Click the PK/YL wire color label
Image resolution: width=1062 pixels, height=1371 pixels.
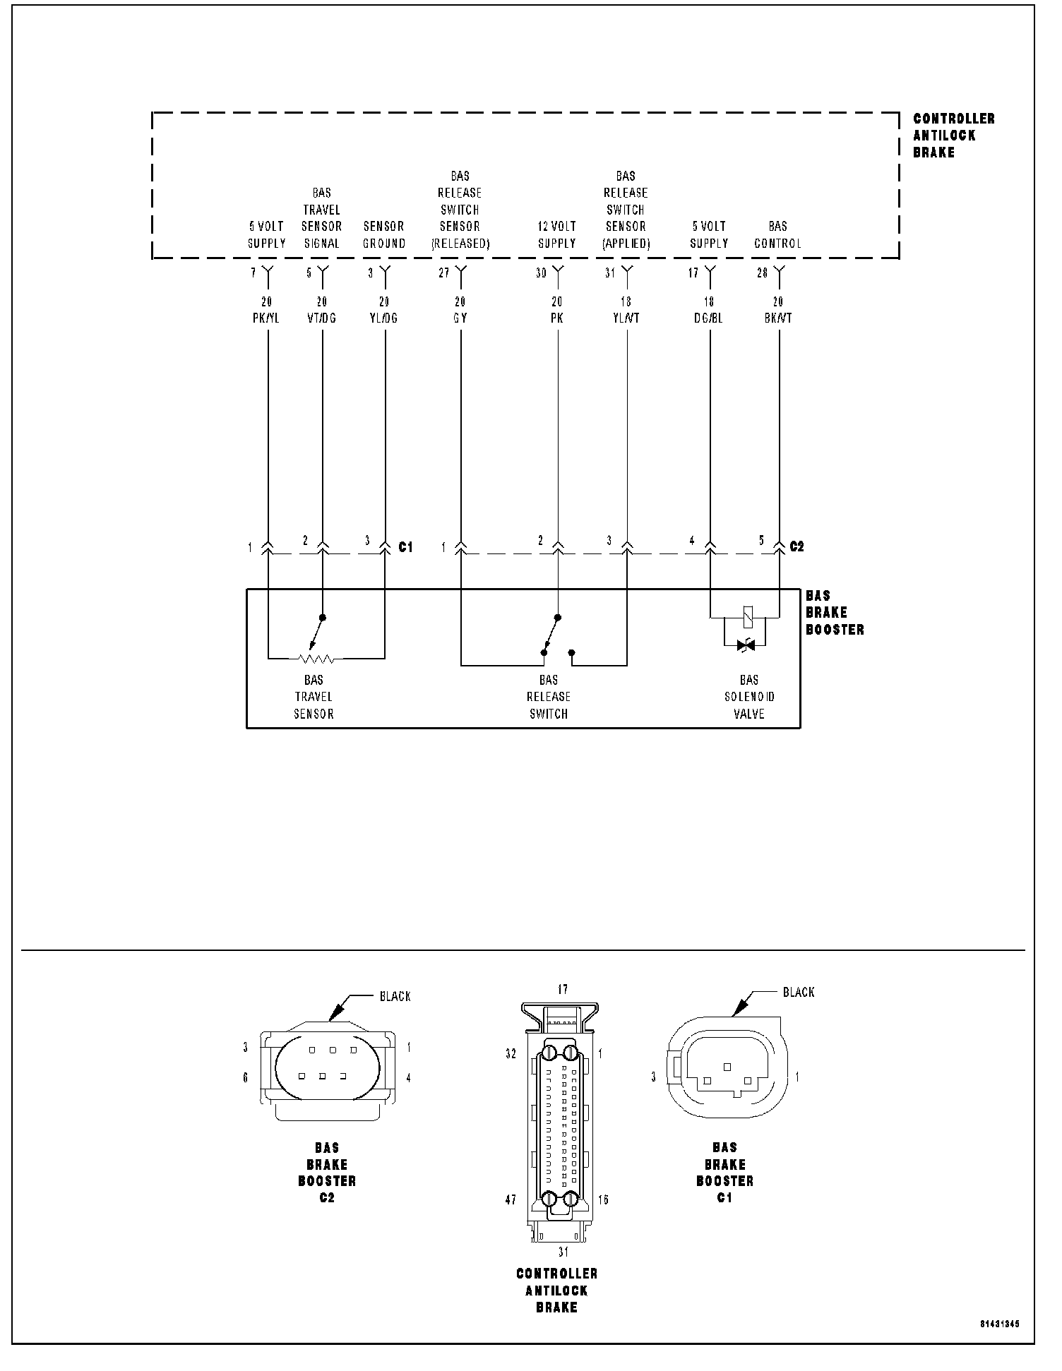click(x=266, y=318)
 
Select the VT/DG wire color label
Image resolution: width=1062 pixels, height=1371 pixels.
click(x=322, y=318)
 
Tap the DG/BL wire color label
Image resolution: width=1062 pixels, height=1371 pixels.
click(x=708, y=318)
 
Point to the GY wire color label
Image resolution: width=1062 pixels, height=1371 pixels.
click(x=460, y=318)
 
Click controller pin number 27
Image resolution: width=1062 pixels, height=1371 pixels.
click(x=444, y=273)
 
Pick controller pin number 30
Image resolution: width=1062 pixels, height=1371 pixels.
click(x=541, y=273)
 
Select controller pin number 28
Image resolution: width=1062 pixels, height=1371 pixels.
click(x=763, y=273)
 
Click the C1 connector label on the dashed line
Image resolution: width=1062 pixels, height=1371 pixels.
click(x=405, y=546)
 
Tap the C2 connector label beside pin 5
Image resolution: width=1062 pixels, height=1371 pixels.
click(x=796, y=546)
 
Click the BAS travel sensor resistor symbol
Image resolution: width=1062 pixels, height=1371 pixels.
click(x=316, y=659)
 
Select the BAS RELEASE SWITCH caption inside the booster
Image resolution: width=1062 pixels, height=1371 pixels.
click(x=549, y=697)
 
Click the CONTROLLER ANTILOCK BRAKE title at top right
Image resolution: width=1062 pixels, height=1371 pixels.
click(x=954, y=136)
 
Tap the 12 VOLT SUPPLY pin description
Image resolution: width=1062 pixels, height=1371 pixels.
click(x=557, y=235)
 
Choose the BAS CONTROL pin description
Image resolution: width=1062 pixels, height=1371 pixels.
click(x=777, y=235)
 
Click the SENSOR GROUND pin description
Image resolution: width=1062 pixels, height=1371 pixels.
click(x=384, y=235)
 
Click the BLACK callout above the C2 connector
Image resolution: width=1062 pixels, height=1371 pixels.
click(x=395, y=996)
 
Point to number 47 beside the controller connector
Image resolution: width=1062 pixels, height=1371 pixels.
click(x=511, y=1199)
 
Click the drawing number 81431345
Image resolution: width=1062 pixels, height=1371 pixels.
click(x=999, y=1324)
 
